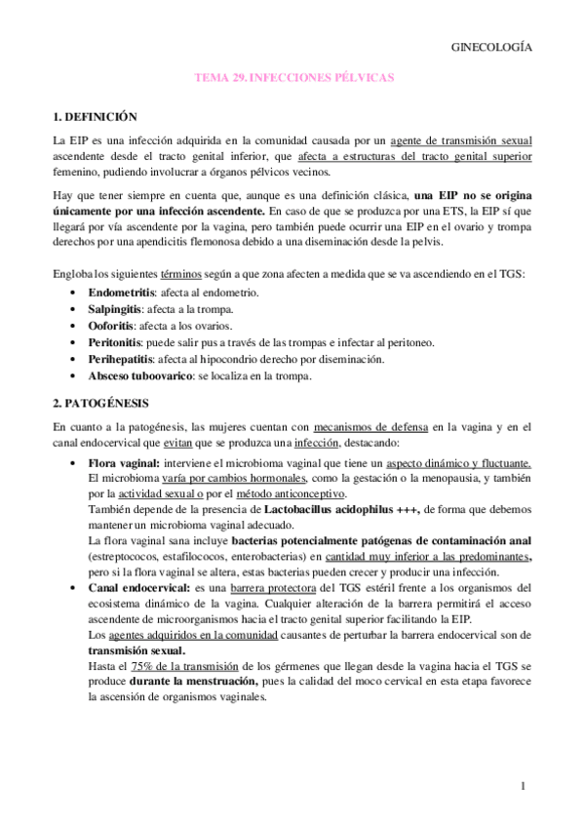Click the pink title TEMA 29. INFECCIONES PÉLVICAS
pyautogui.click(x=293, y=77)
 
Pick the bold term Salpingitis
pyautogui.click(x=117, y=309)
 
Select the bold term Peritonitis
pyautogui.click(x=116, y=342)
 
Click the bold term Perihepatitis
pyautogui.click(x=121, y=359)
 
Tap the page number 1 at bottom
pyautogui.click(x=523, y=786)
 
